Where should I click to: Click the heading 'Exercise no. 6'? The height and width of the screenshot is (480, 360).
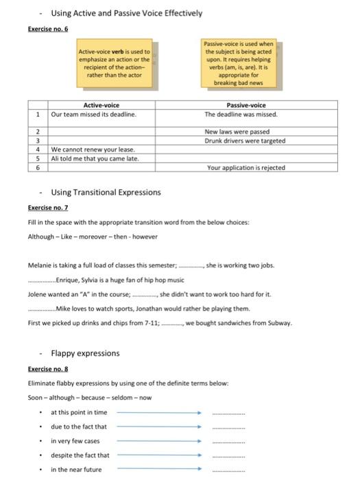point(47,29)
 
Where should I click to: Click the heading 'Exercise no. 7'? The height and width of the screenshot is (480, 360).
point(47,207)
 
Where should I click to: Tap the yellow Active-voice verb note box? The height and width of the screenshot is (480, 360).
point(115,64)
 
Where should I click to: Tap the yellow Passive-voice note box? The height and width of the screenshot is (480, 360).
point(239,63)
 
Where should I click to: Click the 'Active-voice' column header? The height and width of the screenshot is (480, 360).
point(101,106)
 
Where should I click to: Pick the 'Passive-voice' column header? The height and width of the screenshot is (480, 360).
point(246,106)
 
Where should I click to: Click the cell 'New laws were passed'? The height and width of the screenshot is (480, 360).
point(237,132)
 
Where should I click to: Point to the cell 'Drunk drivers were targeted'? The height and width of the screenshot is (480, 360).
point(245,141)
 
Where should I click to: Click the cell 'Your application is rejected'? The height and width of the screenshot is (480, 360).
point(245,167)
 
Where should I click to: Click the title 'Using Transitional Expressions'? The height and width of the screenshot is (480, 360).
point(106,192)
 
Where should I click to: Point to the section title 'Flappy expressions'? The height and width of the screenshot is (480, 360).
point(85,353)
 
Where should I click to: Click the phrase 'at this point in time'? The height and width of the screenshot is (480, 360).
point(79,412)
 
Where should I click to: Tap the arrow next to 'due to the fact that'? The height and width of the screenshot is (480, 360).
point(158,427)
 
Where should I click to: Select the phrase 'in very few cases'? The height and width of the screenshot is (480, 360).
point(75,441)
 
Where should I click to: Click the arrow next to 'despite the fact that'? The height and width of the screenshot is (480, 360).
point(158,455)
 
